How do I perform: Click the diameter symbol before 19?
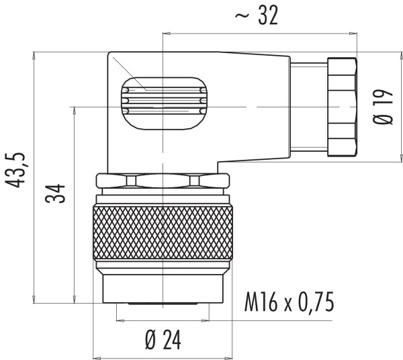[384, 122]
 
